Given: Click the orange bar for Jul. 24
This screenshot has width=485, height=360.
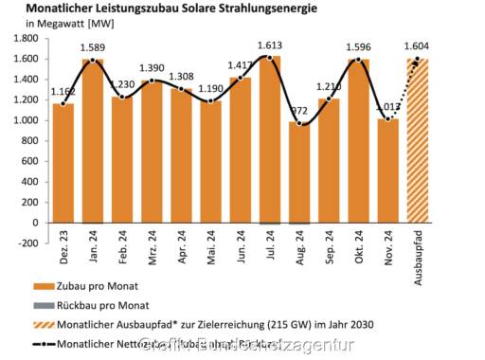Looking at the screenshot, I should pos(270,142).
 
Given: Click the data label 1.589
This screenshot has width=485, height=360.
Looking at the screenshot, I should pos(93,47).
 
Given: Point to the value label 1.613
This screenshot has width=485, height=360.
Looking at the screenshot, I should pos(270,45).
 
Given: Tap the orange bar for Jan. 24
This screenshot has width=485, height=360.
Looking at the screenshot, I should pos(93,142).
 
